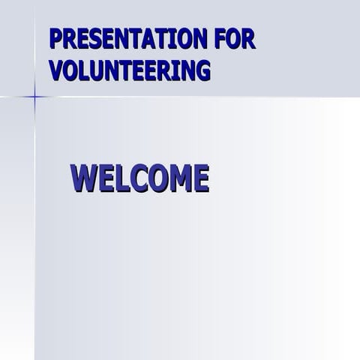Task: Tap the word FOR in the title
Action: click(x=236, y=39)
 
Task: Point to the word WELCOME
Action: click(x=139, y=178)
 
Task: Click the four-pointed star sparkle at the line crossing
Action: click(x=34, y=96)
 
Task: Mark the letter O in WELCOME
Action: click(x=155, y=178)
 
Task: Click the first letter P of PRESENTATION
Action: click(x=55, y=39)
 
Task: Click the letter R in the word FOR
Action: click(x=249, y=39)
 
